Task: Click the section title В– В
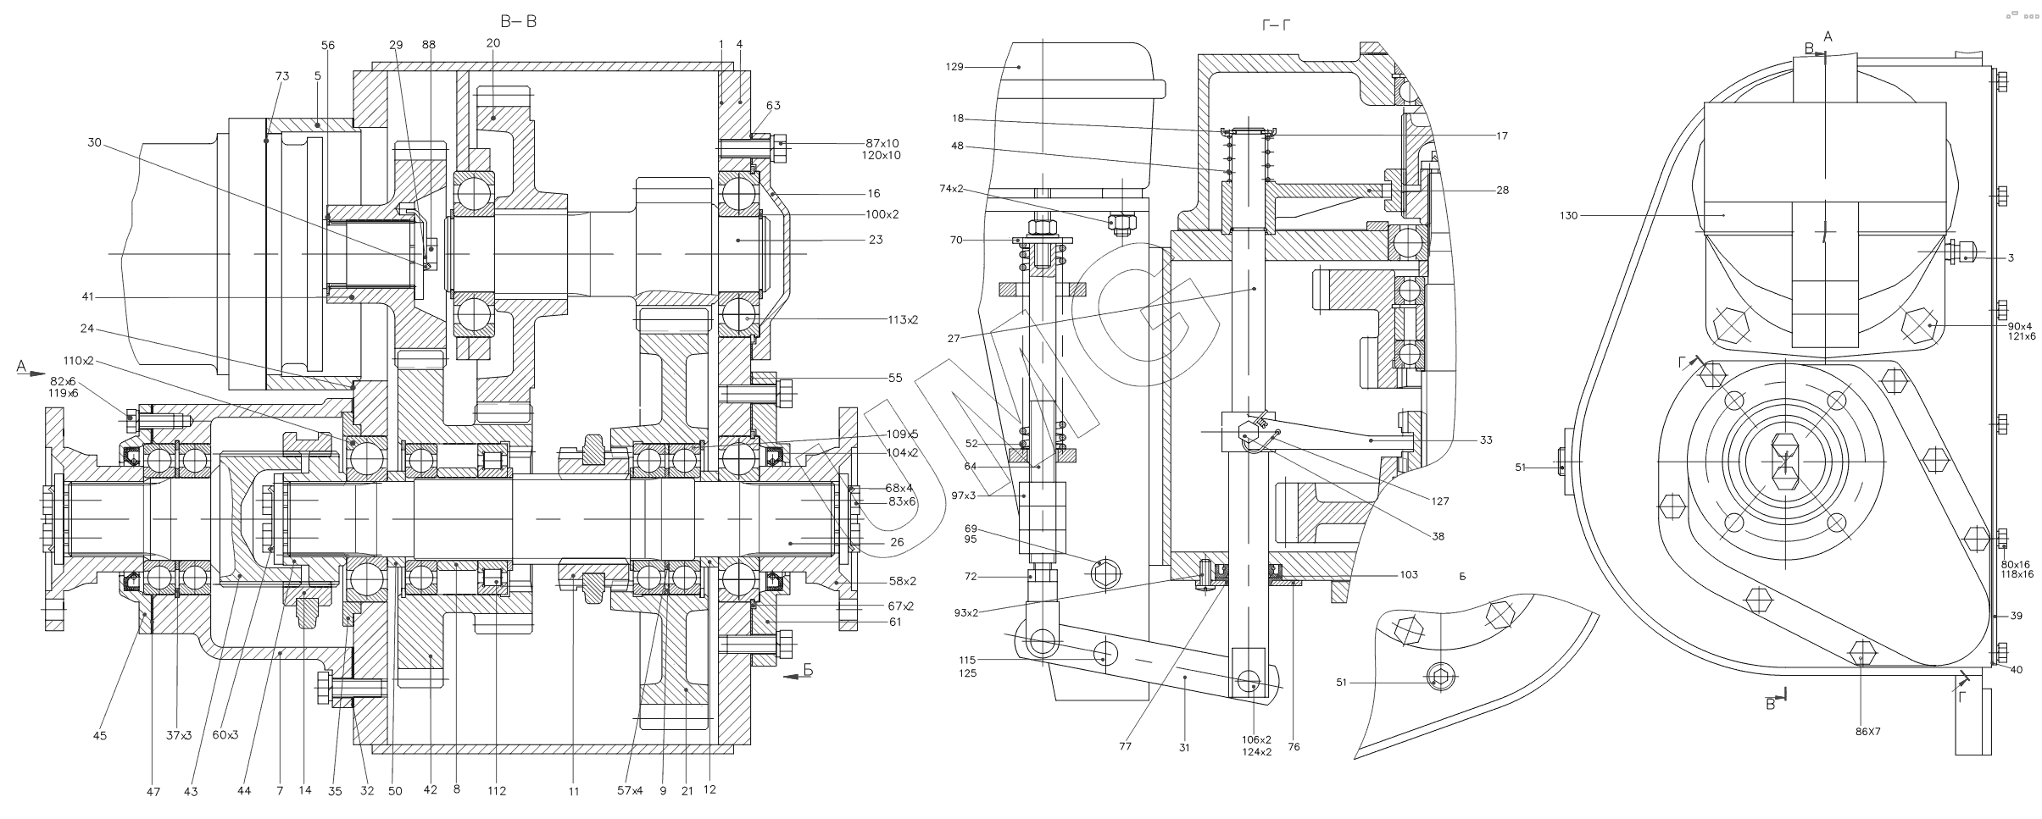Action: pos(519,22)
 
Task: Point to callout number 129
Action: pos(954,66)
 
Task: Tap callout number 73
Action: pos(282,76)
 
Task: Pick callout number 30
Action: pos(95,143)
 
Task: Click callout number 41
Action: pos(88,297)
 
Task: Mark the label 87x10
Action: pos(882,142)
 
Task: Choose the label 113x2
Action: pos(902,319)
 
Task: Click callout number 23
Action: pos(876,240)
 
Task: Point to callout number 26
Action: pos(897,542)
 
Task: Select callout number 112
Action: pos(497,791)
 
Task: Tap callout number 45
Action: pos(99,736)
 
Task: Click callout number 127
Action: pos(1440,501)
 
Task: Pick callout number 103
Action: pos(1409,574)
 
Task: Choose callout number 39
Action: pos(2016,616)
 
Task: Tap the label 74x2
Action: pos(950,188)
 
